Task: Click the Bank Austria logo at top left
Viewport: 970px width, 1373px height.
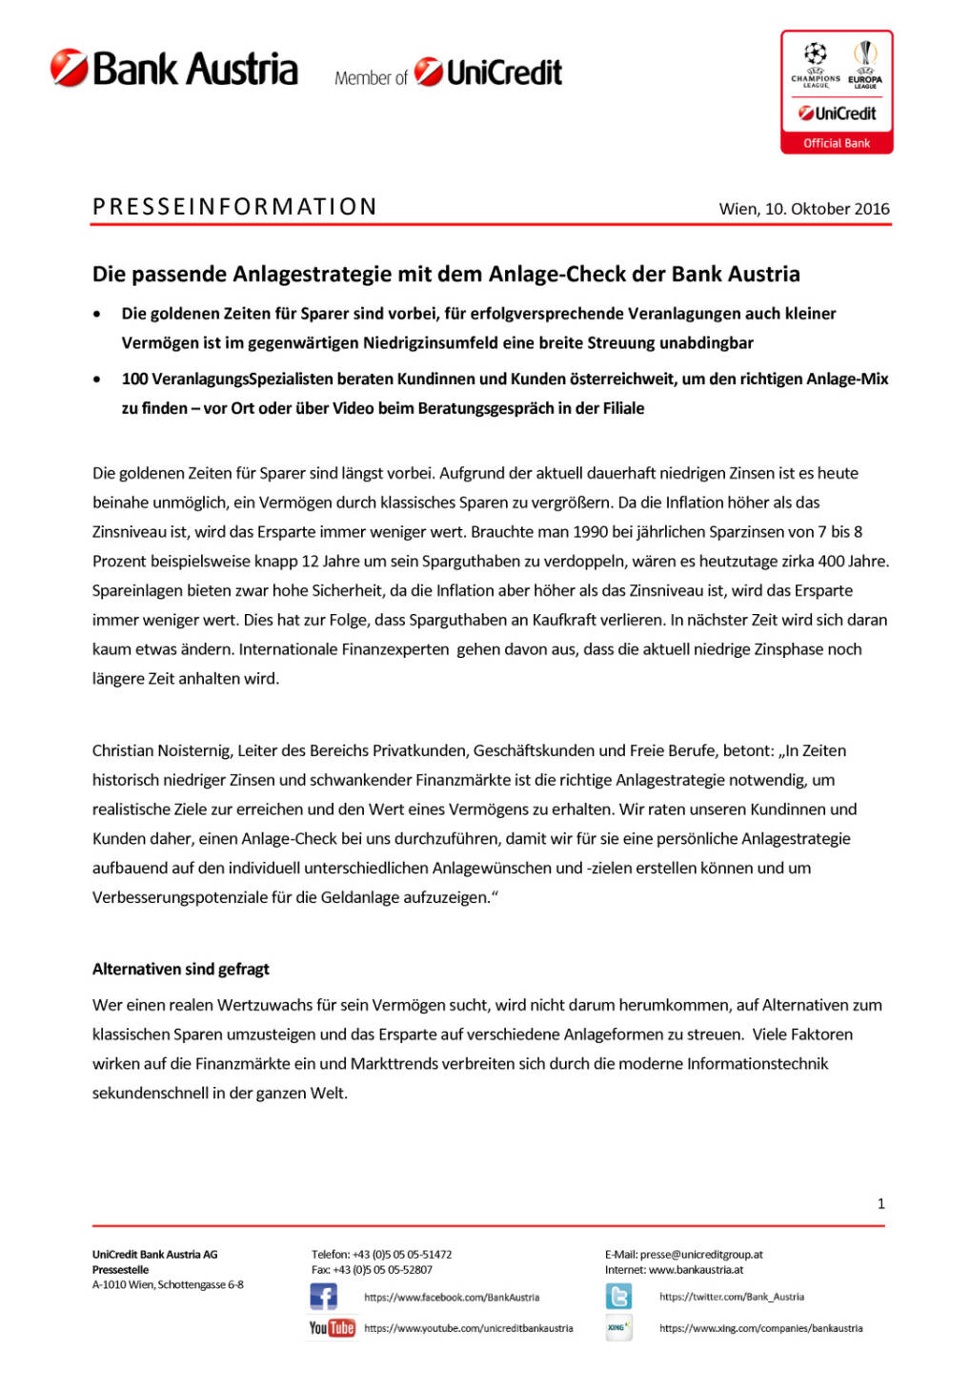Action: point(174,69)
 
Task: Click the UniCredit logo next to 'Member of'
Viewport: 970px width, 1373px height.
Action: point(488,72)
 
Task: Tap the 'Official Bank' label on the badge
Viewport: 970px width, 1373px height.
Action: point(837,143)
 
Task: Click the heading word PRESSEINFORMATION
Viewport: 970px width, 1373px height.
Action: point(234,207)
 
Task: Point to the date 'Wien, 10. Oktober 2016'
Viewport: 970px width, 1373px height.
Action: point(804,209)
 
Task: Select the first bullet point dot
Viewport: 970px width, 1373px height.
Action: point(97,315)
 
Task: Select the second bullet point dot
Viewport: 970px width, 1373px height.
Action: point(97,379)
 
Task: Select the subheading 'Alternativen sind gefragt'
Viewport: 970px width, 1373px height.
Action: point(180,970)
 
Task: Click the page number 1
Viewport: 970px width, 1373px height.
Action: point(880,1204)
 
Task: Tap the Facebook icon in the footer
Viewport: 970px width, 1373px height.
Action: point(324,1297)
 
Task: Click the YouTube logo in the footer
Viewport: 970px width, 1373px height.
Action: point(332,1328)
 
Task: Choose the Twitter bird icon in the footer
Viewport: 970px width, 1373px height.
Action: point(618,1297)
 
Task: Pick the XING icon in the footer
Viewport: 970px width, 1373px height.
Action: point(618,1327)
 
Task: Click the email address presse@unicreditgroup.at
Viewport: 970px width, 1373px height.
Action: point(701,1255)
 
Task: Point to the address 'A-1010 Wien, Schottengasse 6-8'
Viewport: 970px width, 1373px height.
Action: point(168,1285)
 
